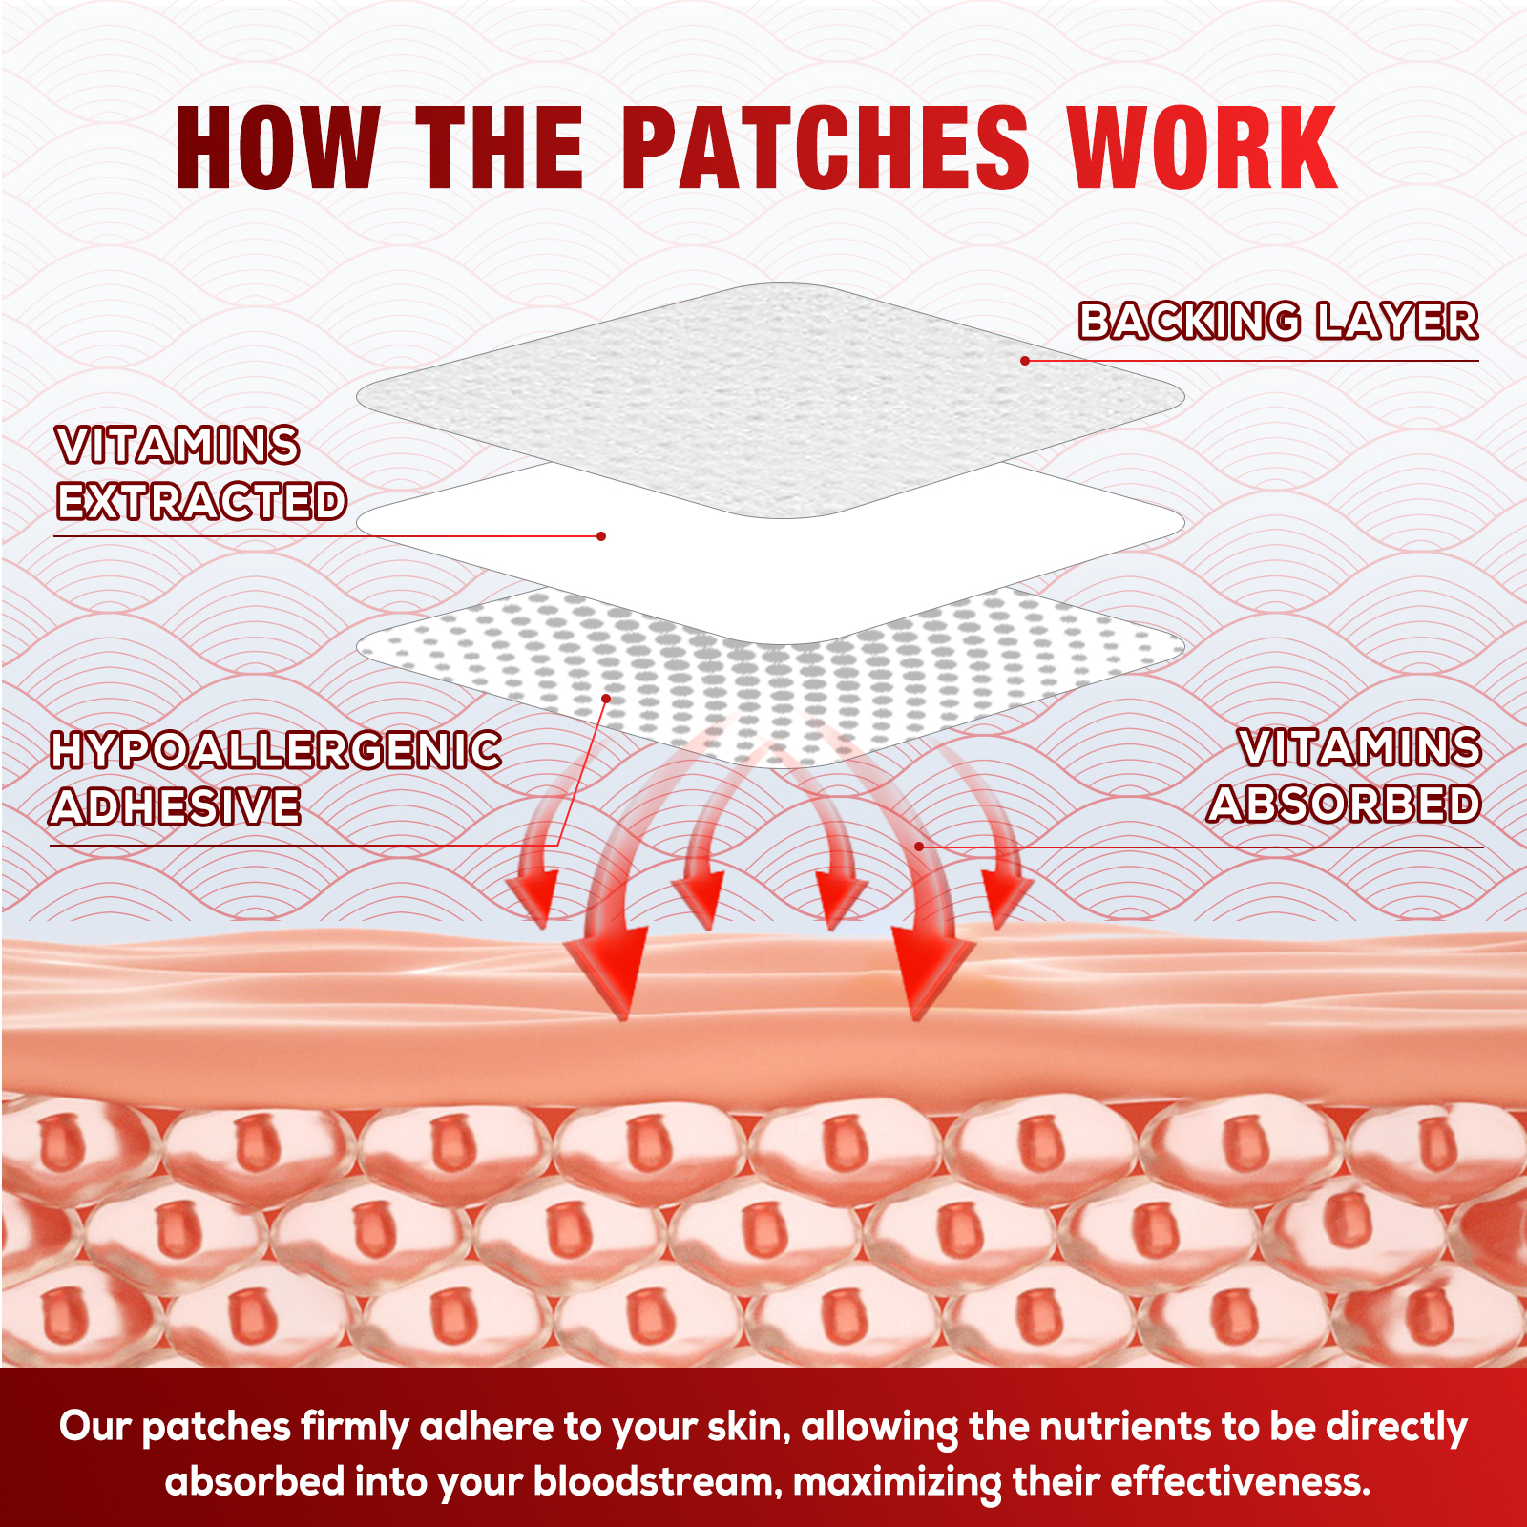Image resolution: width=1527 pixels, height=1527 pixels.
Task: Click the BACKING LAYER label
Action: (1278, 322)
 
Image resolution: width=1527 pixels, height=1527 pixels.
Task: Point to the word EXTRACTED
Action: (200, 502)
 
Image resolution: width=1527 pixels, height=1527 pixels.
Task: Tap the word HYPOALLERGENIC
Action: (276, 751)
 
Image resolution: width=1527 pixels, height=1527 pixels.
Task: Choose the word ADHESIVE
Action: (176, 807)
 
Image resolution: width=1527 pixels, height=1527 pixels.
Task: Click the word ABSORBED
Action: (1344, 805)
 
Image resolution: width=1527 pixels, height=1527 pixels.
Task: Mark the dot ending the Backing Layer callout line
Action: (1025, 361)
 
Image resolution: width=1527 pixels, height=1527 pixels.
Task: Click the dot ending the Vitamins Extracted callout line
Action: (601, 536)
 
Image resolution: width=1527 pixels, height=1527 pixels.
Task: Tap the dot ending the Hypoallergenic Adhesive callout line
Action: (606, 700)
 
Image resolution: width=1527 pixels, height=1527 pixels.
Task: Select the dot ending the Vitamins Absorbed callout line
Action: (919, 847)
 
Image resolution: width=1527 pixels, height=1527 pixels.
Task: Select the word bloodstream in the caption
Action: (657, 1482)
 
